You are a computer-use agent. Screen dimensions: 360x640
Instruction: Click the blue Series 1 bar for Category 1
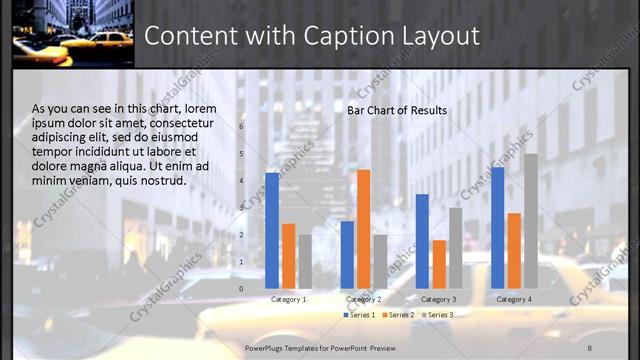tap(272, 230)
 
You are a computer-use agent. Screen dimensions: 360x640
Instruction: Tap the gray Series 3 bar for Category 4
tap(530, 221)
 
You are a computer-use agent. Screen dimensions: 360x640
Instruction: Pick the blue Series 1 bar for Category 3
tap(422, 241)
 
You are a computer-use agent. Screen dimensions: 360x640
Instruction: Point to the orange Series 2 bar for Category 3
tap(438, 264)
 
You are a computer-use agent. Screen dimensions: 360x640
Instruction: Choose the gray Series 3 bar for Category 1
tap(305, 261)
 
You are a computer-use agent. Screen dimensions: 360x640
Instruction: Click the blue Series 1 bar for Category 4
tap(497, 227)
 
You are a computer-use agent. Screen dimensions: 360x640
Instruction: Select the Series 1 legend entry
tap(360, 315)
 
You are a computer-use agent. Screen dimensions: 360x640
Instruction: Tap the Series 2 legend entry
tap(398, 315)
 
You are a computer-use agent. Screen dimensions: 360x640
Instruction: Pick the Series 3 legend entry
tap(437, 315)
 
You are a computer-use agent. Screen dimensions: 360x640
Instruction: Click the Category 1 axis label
tap(289, 299)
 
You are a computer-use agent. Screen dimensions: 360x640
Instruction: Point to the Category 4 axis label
tap(514, 299)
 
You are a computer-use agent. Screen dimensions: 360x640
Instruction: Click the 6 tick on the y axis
tap(241, 127)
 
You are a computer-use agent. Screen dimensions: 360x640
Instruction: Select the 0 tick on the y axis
tap(241, 289)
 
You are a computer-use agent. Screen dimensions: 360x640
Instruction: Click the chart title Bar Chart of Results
tap(397, 110)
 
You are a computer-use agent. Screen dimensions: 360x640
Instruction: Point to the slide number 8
tap(589, 346)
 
